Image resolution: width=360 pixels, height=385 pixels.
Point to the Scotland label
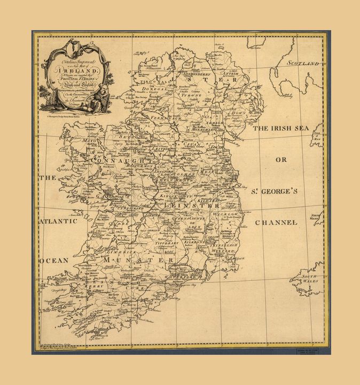tap(304, 63)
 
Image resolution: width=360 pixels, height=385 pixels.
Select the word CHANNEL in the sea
tap(276, 222)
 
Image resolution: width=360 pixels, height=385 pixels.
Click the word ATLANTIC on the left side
tap(58, 221)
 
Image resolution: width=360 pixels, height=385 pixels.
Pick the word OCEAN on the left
tap(53, 260)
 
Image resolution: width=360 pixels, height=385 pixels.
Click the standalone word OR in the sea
tap(281, 160)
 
